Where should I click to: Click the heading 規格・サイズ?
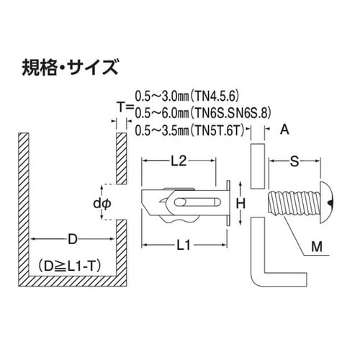pyautogui.click(x=70, y=68)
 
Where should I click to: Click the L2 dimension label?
pyautogui.click(x=179, y=161)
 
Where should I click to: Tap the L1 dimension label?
pyautogui.click(x=184, y=245)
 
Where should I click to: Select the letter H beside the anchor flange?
pyautogui.click(x=240, y=204)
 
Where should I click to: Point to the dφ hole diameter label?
pyautogui.click(x=102, y=204)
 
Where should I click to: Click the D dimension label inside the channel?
pyautogui.click(x=72, y=239)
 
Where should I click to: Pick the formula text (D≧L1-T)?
pyautogui.click(x=69, y=266)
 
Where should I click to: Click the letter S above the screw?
pyautogui.click(x=294, y=161)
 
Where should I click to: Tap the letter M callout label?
pyautogui.click(x=317, y=246)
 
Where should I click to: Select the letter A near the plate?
pyautogui.click(x=284, y=130)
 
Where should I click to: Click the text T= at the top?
pyautogui.click(x=125, y=107)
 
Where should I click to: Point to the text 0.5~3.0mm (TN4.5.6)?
pyautogui.click(x=187, y=96)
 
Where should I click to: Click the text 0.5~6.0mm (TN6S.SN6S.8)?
pyautogui.click(x=203, y=113)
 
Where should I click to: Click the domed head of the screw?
pyautogui.click(x=327, y=203)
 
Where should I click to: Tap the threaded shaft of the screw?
pyautogui.click(x=294, y=203)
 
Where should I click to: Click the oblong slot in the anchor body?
pyautogui.click(x=197, y=202)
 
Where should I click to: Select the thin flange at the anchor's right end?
pyautogui.click(x=228, y=203)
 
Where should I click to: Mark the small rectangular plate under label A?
pyautogui.click(x=258, y=166)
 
